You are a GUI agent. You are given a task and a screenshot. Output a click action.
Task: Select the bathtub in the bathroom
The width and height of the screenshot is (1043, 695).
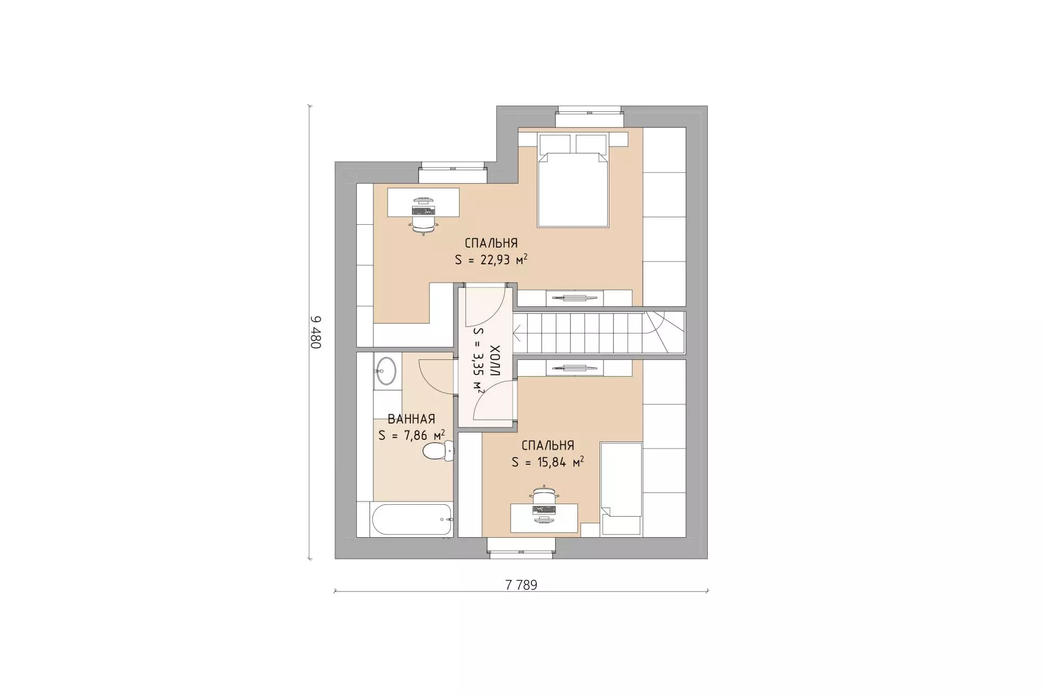pos(412,520)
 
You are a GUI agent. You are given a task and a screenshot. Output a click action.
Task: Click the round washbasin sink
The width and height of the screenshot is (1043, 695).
pos(386,371)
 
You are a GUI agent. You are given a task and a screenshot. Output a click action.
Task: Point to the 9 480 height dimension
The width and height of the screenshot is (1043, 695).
pos(315,332)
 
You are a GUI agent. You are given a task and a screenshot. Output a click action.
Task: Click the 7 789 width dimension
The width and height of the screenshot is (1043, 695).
pos(521,585)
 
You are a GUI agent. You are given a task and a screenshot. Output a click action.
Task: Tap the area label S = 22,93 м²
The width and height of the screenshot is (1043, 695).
pos(491,260)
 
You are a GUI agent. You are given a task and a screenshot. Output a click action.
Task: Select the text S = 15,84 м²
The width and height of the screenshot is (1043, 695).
pos(548,462)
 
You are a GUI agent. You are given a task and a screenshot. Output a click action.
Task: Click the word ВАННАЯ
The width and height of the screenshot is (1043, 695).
pos(411,419)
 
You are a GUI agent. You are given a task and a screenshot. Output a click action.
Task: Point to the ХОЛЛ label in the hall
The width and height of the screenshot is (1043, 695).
pos(495,360)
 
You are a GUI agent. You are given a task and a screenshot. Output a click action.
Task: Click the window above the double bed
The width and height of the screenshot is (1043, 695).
pos(590,119)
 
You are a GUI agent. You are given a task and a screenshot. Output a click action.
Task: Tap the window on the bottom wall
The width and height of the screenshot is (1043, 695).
pos(521,547)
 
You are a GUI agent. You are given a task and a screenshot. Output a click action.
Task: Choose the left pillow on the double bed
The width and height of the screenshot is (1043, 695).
pos(555,144)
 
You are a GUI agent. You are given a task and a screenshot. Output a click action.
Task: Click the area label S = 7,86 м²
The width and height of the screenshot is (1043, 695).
pos(411,435)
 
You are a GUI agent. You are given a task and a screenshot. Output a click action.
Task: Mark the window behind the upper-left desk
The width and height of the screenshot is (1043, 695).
pos(453,175)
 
